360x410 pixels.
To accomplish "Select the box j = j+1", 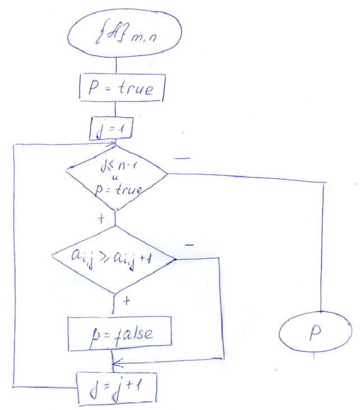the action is pyautogui.click(x=116, y=387).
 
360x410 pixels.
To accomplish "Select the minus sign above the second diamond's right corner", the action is pyautogui.click(x=188, y=245).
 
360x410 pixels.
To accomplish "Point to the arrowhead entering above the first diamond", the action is pyautogui.click(x=114, y=147).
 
